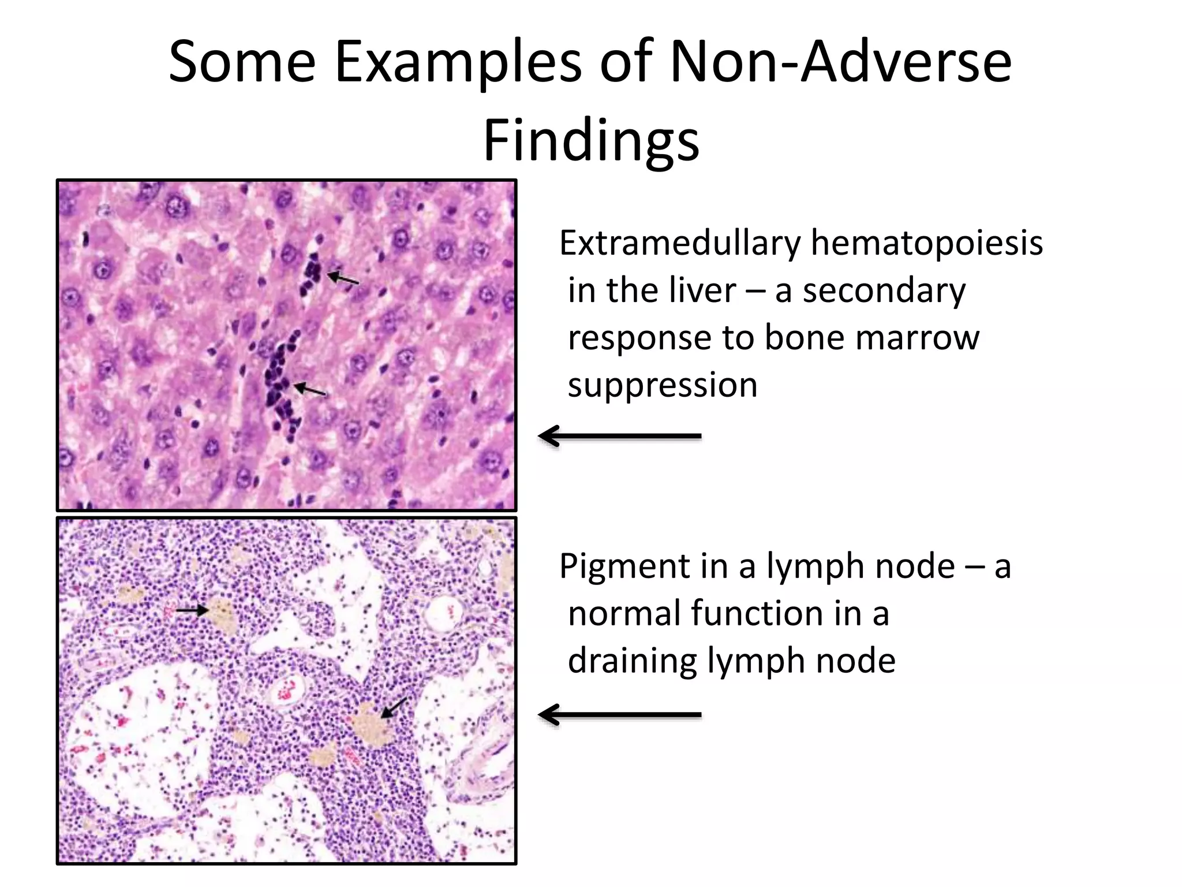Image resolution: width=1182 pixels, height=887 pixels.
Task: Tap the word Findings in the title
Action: [591, 141]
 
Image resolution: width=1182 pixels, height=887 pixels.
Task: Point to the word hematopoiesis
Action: [926, 244]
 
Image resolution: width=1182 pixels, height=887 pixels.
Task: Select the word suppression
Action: [662, 385]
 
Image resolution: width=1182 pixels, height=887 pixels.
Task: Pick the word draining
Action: [632, 661]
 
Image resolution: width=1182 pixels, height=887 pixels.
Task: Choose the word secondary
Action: [884, 290]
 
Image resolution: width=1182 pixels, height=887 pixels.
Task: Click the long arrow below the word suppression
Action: [620, 436]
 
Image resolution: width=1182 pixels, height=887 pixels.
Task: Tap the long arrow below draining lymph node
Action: [620, 715]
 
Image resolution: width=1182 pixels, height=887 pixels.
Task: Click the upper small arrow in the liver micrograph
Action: [343, 279]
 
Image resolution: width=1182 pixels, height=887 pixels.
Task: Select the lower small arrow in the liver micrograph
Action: [310, 390]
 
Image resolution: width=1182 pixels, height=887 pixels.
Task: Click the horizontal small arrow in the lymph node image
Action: [192, 610]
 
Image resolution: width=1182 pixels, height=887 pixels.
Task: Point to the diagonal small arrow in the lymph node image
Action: [394, 707]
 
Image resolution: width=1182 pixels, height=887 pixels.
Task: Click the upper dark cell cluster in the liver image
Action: [312, 270]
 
